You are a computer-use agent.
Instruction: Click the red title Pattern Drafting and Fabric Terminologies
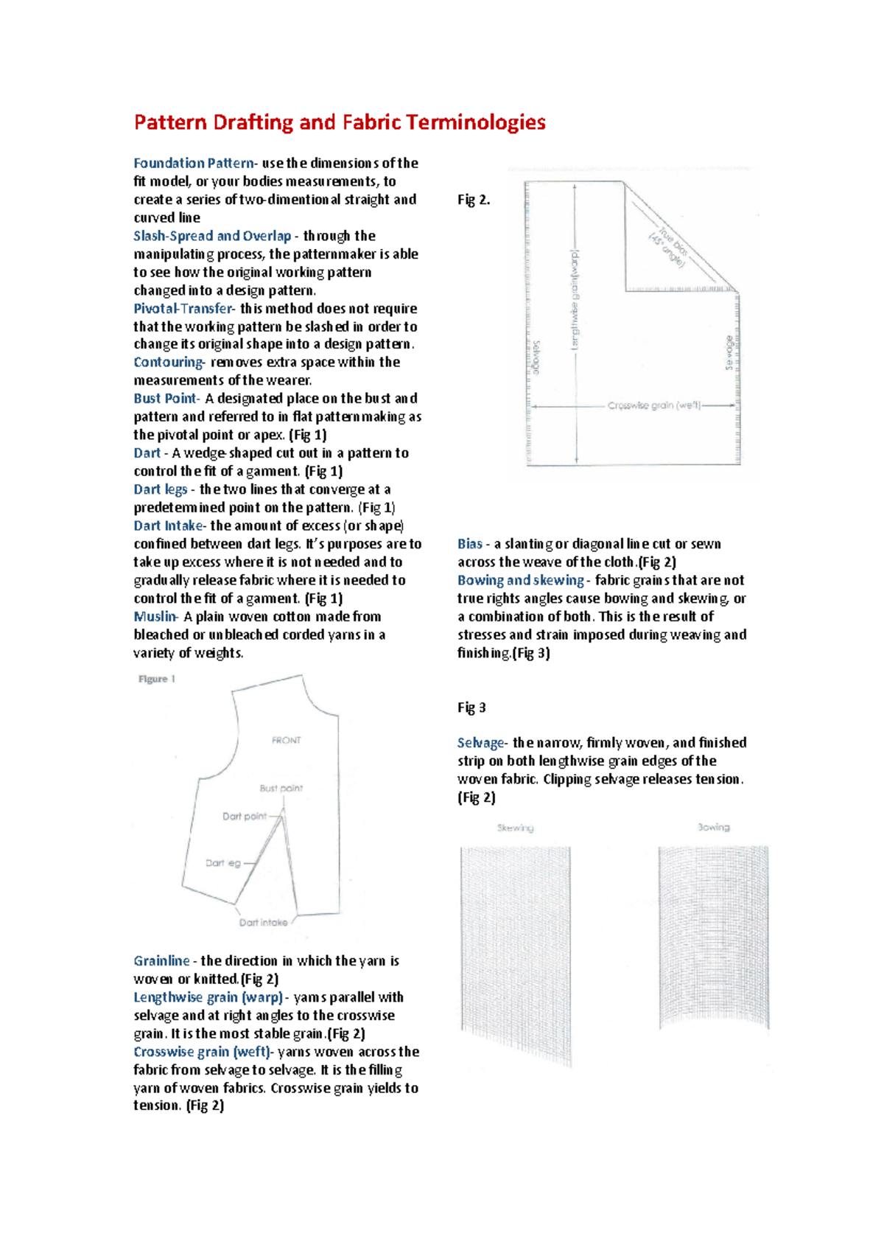[339, 122]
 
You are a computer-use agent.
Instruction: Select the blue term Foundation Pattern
[193, 164]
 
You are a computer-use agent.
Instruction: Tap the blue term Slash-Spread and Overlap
[212, 236]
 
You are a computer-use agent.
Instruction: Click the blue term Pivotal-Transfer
[183, 309]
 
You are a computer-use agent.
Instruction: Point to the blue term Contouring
[168, 363]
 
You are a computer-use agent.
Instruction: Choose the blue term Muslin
[155, 617]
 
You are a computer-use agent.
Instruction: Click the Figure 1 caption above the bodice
[157, 680]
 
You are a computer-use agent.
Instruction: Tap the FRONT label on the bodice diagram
[286, 740]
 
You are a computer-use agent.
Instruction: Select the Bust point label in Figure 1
[281, 788]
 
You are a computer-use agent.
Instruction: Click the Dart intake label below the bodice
[263, 923]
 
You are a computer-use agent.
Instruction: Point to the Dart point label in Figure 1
[244, 817]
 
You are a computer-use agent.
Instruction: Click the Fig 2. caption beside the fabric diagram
[474, 200]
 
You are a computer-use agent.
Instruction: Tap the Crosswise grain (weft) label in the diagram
[654, 406]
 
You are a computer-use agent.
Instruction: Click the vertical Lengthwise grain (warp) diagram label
[575, 298]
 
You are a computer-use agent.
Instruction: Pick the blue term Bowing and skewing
[520, 581]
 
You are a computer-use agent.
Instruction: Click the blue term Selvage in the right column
[480, 743]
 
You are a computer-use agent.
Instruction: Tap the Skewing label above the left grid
[515, 828]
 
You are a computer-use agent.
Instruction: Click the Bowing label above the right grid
[713, 828]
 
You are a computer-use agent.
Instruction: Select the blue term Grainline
[161, 961]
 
